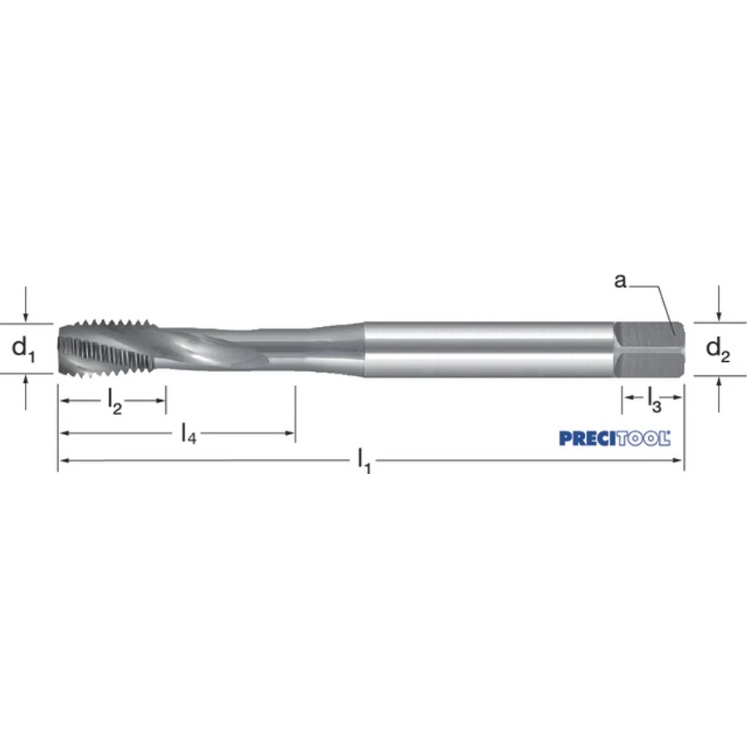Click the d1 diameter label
(23, 349)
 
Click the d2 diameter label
(717, 349)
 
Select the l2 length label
(115, 401)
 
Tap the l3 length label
(655, 398)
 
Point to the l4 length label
(188, 433)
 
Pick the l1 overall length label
(364, 461)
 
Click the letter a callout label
(620, 281)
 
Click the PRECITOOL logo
(614, 438)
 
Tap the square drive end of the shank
(649, 349)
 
